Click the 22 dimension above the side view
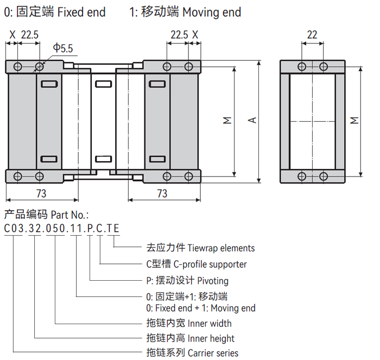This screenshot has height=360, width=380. (x=312, y=34)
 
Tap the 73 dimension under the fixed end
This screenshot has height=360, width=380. (x=41, y=193)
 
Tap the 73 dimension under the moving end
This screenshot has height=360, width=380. (x=162, y=193)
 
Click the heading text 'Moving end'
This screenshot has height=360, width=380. (x=212, y=11)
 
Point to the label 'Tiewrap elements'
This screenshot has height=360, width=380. (x=221, y=248)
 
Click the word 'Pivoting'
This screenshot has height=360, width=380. (x=213, y=281)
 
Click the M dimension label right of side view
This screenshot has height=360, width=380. (x=354, y=121)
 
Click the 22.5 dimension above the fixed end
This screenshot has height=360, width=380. (x=30, y=34)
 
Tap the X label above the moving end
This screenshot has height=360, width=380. (x=195, y=34)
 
